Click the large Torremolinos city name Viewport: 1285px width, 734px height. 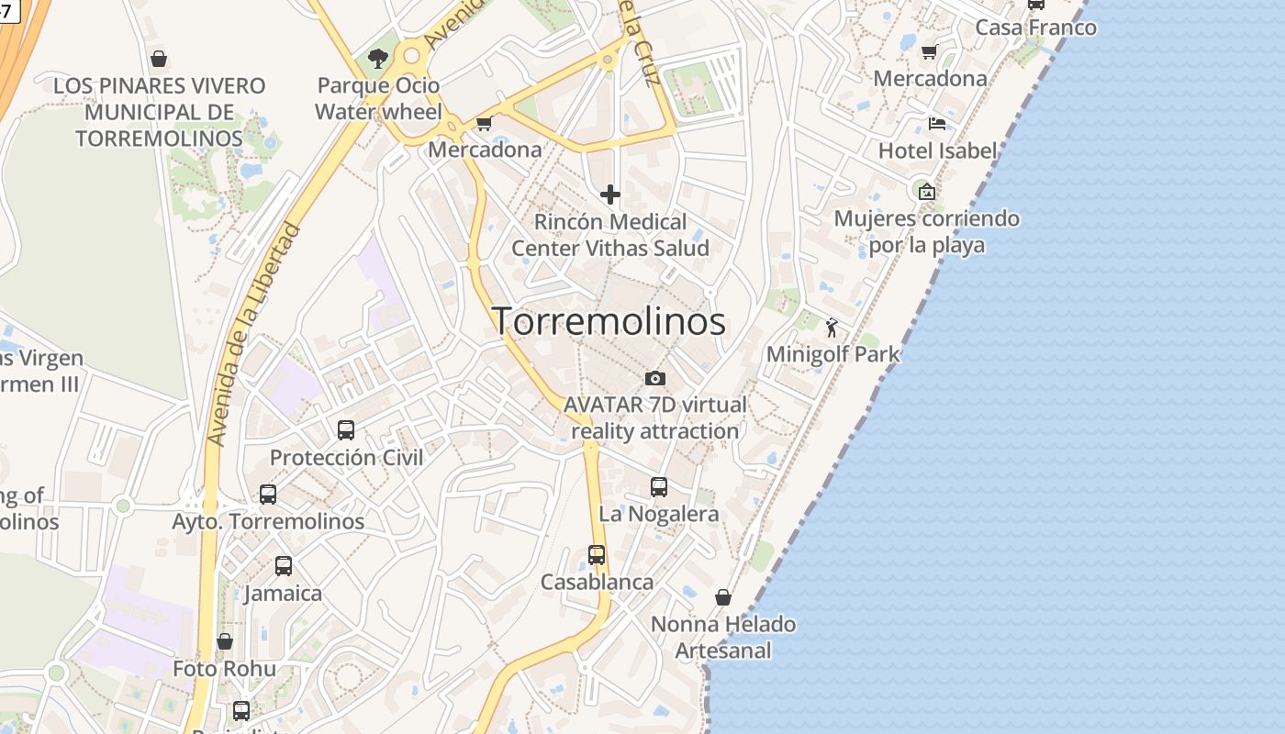pyautogui.click(x=609, y=321)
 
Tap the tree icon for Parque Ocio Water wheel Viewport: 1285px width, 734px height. pyautogui.click(x=377, y=60)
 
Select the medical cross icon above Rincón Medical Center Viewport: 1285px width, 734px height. pyautogui.click(x=610, y=195)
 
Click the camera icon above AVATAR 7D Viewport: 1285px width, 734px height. pyautogui.click(x=654, y=378)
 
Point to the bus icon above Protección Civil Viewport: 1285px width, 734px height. pyautogui.click(x=346, y=429)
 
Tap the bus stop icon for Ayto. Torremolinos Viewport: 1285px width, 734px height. pyautogui.click(x=268, y=494)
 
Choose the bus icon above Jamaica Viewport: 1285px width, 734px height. pyautogui.click(x=284, y=566)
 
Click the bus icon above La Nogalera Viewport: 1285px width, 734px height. pyautogui.click(x=659, y=487)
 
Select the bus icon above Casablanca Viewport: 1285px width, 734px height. pyautogui.click(x=597, y=555)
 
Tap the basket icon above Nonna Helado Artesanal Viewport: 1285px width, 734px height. pyautogui.click(x=723, y=597)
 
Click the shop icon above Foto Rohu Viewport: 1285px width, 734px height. pyautogui.click(x=225, y=641)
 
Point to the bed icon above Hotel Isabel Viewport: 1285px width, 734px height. pyautogui.click(x=937, y=123)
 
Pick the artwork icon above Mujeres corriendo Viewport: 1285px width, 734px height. pyautogui.click(x=926, y=192)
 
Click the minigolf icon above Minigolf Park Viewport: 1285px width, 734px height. pyautogui.click(x=832, y=328)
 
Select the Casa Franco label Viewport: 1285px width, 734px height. pyautogui.click(x=1035, y=28)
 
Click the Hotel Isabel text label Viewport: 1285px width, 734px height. pyautogui.click(x=937, y=150)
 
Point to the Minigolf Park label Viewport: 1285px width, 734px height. pyautogui.click(x=832, y=354)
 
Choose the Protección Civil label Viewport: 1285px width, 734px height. pyautogui.click(x=346, y=457)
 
